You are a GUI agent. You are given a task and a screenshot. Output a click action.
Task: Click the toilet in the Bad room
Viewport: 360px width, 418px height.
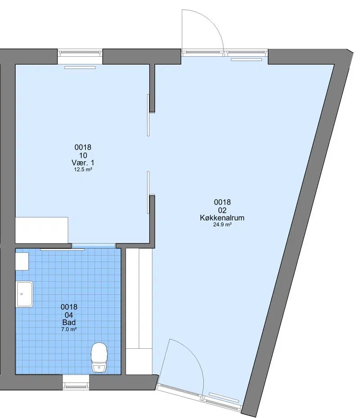tap(99, 358)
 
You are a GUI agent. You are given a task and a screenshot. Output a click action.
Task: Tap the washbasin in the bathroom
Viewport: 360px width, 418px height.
tap(25, 294)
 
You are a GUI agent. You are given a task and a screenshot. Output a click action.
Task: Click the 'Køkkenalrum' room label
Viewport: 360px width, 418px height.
tap(222, 218)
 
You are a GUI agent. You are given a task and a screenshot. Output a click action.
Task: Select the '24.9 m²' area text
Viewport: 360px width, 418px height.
tap(222, 225)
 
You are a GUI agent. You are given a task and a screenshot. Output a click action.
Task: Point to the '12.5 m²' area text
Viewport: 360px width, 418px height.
tap(83, 169)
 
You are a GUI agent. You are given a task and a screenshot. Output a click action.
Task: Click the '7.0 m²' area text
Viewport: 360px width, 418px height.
tap(69, 329)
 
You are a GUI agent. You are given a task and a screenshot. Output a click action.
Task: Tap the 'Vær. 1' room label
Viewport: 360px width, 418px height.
tap(83, 162)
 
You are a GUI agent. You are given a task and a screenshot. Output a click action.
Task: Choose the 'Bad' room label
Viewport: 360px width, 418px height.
tap(69, 322)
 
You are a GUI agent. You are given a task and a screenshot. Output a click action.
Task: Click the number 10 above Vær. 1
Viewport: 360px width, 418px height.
tap(83, 155)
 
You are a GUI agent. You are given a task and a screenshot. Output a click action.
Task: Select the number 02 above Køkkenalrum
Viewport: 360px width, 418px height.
tap(222, 210)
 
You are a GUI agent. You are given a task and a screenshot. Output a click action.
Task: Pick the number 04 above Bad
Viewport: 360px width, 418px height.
tap(69, 315)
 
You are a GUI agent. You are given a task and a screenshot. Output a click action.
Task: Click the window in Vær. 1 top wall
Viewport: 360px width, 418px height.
tap(80, 53)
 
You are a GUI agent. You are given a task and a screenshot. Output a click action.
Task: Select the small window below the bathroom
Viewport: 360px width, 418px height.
tap(76, 386)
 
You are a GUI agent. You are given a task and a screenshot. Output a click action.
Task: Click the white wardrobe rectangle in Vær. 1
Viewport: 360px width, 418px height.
tap(41, 230)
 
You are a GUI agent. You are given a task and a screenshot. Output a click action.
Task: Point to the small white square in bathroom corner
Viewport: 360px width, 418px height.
tap(22, 261)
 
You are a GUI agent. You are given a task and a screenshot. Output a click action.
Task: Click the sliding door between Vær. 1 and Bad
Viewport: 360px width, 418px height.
tap(63, 250)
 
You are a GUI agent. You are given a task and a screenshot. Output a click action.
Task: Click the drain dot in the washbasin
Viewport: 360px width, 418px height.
tap(22, 294)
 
